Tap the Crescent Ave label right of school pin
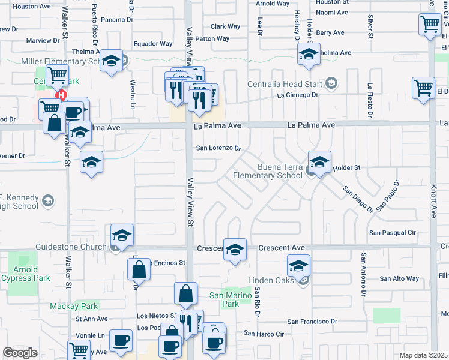tap(282, 248)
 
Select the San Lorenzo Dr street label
tap(219, 148)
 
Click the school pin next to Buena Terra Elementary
tap(319, 161)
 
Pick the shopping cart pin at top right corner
tap(430, 25)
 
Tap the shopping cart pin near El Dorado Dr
tap(424, 88)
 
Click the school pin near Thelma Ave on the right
tap(308, 55)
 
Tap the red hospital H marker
tap(60, 95)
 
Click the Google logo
tap(20, 353)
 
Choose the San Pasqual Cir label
tap(393, 232)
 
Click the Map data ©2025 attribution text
tap(423, 355)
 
